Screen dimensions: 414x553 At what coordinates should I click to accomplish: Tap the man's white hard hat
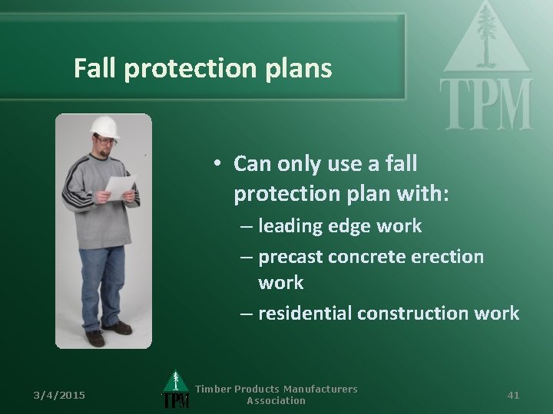(104, 126)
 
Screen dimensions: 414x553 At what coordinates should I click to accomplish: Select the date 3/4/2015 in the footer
(59, 395)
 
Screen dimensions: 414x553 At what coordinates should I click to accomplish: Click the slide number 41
(514, 395)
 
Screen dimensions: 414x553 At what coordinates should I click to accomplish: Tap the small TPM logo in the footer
(175, 392)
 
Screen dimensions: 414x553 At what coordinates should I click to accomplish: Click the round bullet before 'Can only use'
(219, 163)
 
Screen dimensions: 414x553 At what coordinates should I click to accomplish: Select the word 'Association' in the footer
(276, 401)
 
